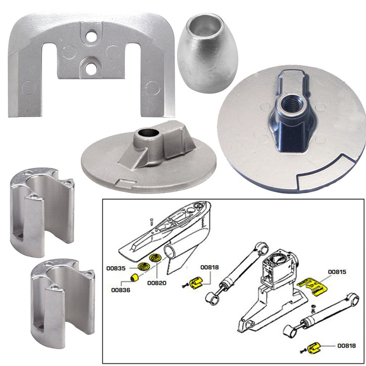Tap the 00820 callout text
tap(156, 283)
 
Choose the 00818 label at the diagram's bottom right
tap(346, 346)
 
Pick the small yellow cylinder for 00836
tap(135, 277)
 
